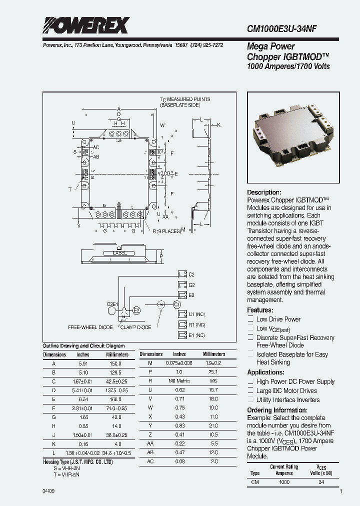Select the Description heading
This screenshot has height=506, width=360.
[264, 192]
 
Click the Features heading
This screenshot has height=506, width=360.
[260, 310]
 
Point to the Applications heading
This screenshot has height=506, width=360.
[266, 372]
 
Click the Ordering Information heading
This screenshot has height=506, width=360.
[276, 410]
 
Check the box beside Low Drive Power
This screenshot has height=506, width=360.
[251, 319]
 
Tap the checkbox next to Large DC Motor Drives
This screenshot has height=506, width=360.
[251, 391]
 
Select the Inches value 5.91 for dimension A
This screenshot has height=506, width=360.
[83, 364]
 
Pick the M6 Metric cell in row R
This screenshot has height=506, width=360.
[179, 380]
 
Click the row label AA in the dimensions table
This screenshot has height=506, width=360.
[150, 443]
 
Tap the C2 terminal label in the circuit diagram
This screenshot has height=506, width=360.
[191, 274]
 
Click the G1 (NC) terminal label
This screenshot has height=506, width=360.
[196, 324]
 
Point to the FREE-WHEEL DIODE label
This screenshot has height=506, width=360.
[90, 327]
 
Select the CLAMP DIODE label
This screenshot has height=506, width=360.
[135, 327]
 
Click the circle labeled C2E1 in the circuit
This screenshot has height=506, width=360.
[112, 310]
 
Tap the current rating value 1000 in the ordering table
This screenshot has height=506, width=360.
[284, 482]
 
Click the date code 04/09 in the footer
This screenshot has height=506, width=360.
[49, 492]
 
